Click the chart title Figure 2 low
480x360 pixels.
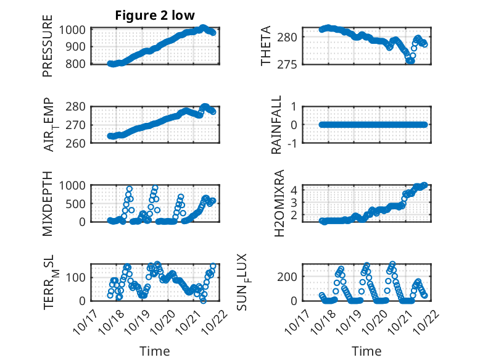155,16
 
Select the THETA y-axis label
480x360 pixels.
266,46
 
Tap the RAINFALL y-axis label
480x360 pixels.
277,125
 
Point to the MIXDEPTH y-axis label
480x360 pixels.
48,203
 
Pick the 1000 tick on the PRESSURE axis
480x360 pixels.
75,30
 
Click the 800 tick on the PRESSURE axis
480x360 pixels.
78,64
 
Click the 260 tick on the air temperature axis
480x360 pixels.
78,143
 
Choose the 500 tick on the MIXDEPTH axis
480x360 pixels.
78,203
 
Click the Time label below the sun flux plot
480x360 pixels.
366,351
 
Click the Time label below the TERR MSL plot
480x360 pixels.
155,351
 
